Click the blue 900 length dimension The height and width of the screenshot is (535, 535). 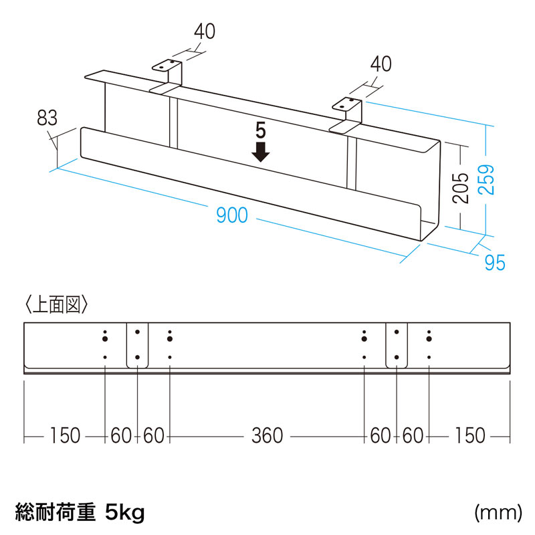(x=232, y=215)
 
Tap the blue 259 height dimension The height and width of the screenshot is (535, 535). (x=490, y=179)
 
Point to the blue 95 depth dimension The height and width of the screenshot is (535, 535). (x=494, y=262)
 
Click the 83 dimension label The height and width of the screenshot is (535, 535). (x=46, y=119)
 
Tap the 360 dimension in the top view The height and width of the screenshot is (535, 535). (x=267, y=436)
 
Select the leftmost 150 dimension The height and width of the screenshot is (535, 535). (x=65, y=436)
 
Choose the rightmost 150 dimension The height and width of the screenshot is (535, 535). (x=469, y=436)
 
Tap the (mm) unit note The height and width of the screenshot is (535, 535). (x=498, y=513)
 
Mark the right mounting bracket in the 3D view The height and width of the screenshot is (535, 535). (x=348, y=112)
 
